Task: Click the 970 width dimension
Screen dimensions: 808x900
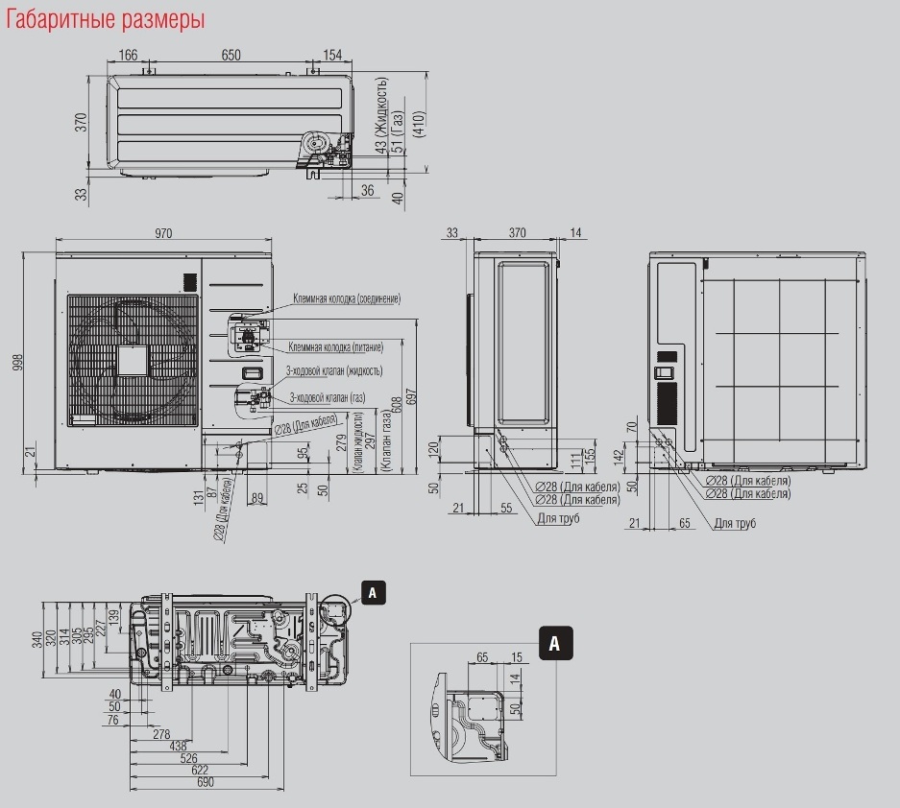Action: tap(164, 233)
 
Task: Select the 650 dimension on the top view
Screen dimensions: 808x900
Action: tap(231, 55)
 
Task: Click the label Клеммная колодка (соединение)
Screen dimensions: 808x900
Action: tap(347, 299)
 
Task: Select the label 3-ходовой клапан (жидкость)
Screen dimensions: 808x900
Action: tap(334, 370)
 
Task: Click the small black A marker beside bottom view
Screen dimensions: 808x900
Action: tap(373, 593)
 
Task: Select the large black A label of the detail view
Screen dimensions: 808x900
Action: tap(555, 643)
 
